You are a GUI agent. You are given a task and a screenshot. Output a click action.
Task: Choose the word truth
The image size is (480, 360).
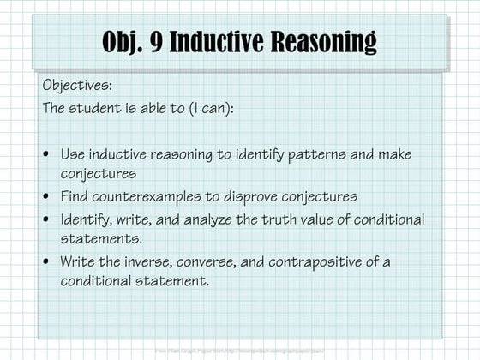click(287, 219)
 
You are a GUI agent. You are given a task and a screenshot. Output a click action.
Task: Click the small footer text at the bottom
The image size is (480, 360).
click(239, 351)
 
